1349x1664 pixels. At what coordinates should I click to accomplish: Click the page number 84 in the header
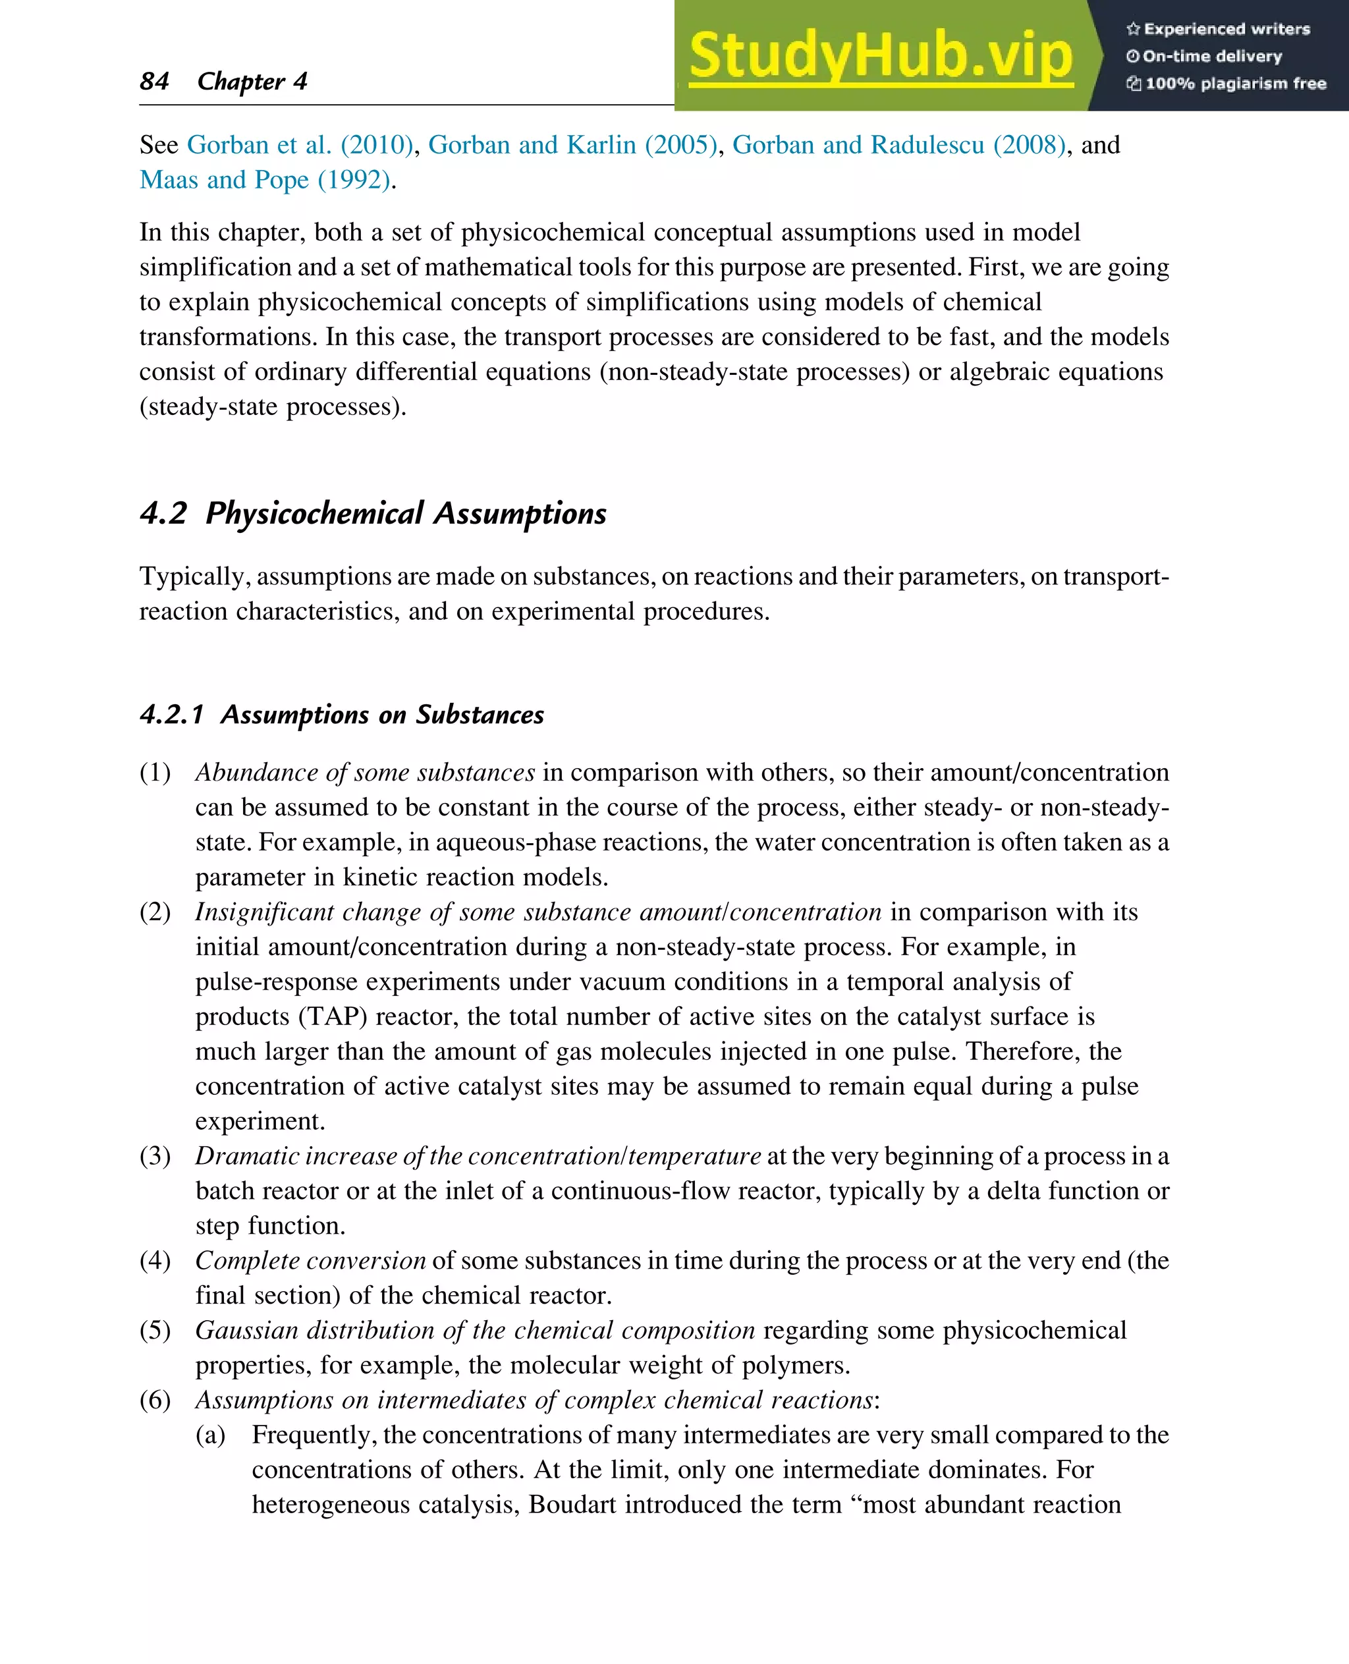point(154,81)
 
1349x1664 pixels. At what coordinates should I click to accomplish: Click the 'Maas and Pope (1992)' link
point(265,180)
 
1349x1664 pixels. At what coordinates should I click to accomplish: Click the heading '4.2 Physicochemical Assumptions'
point(373,514)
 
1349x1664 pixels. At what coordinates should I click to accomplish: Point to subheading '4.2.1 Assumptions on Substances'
point(342,714)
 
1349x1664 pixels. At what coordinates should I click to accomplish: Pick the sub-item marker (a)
point(210,1435)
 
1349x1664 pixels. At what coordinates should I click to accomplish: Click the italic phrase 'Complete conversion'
point(310,1261)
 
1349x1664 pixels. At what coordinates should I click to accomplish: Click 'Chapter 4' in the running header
point(252,81)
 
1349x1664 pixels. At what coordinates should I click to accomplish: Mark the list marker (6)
point(155,1400)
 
